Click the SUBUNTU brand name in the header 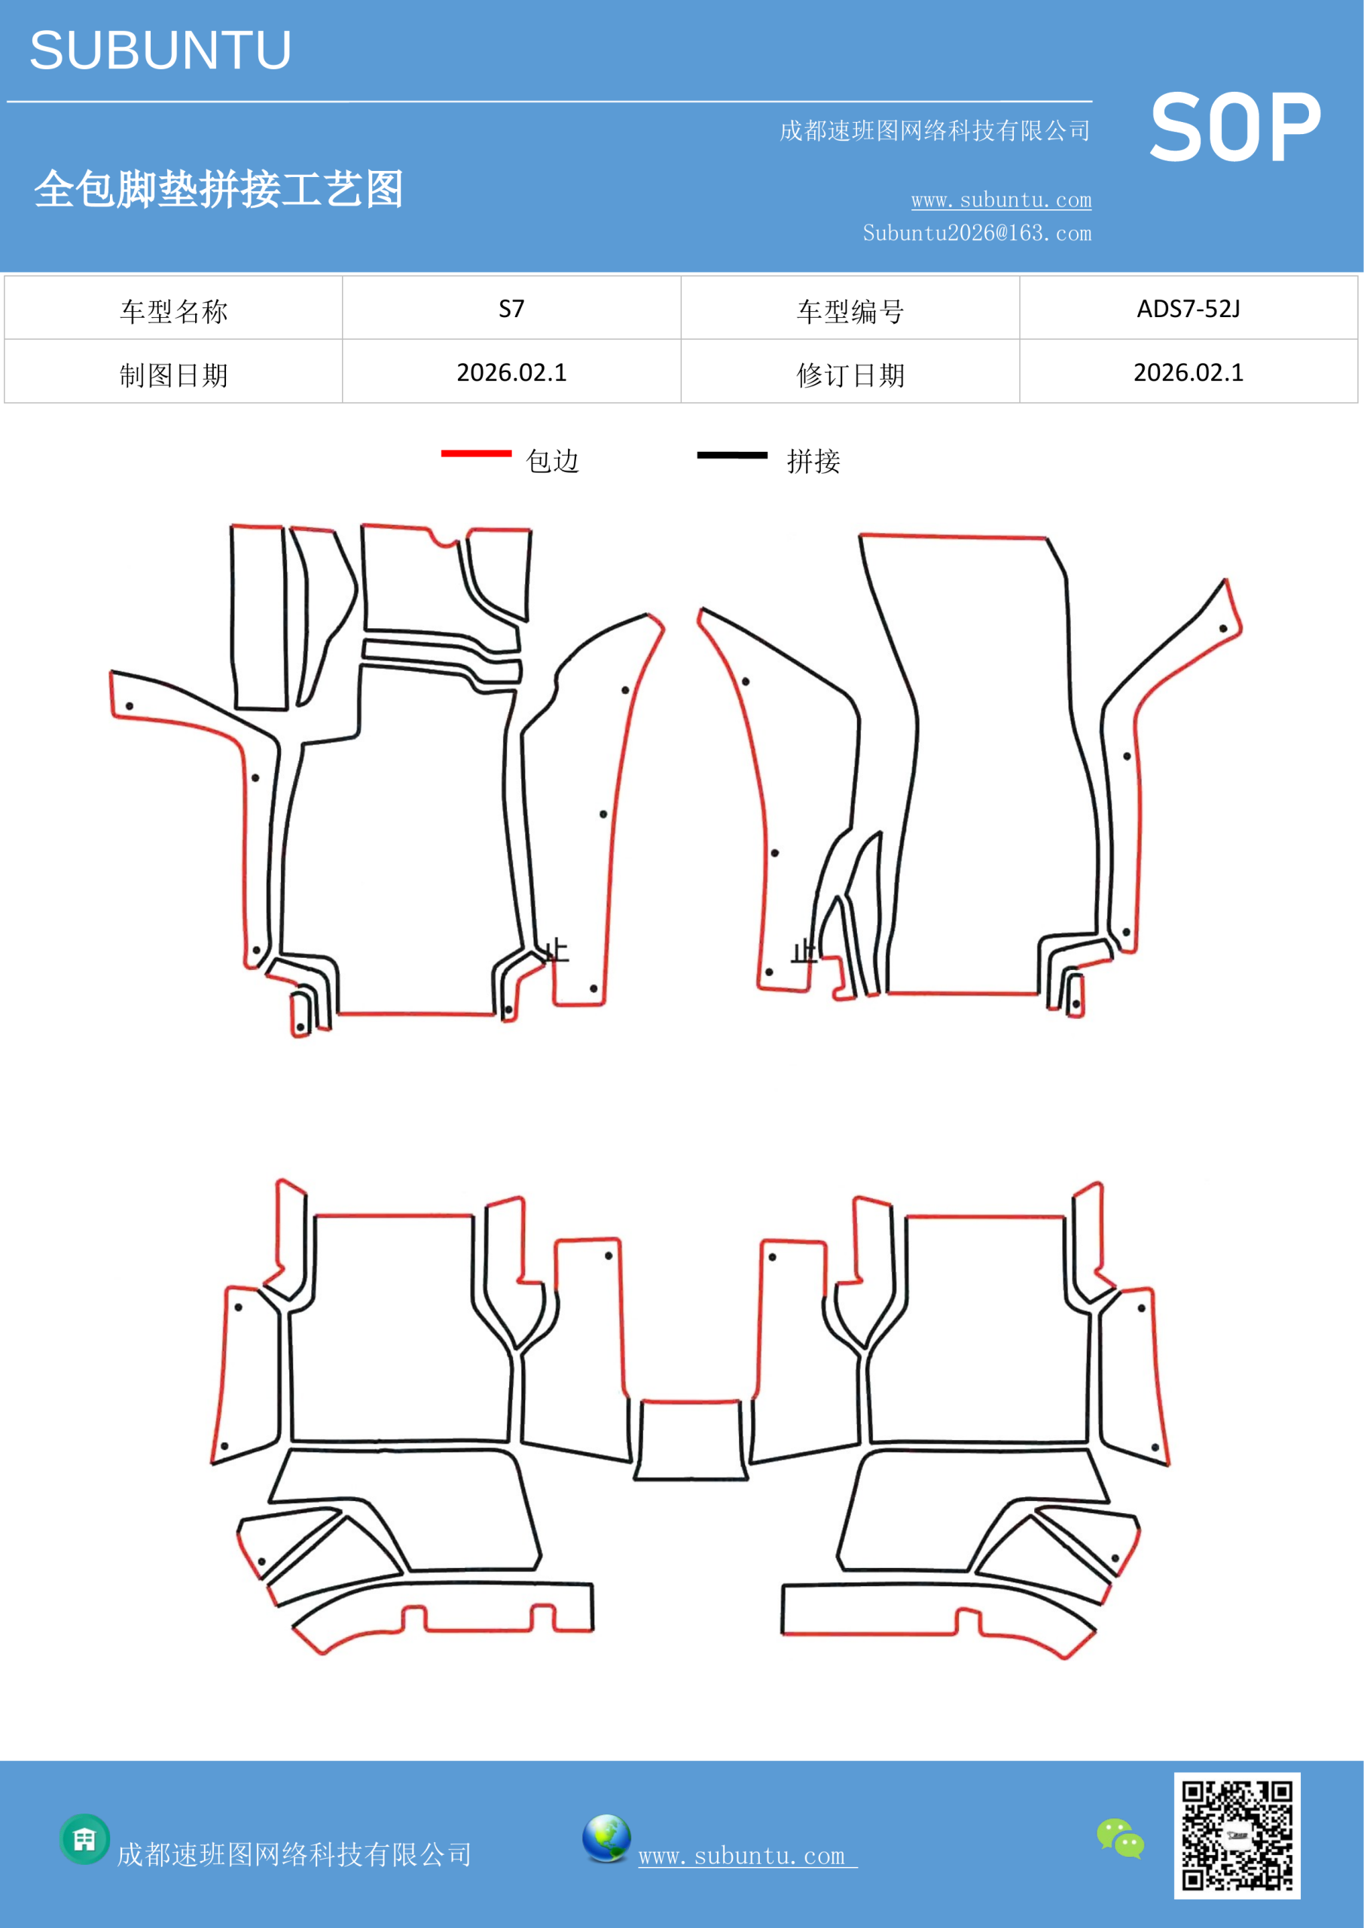(x=160, y=50)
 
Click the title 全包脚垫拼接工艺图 (x=218, y=189)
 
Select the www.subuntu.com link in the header (x=1001, y=200)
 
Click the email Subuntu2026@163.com (x=977, y=233)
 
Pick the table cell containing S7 (x=511, y=308)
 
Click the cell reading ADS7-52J (x=1189, y=308)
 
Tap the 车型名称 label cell (x=173, y=308)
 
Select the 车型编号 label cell (x=850, y=308)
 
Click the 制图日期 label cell (x=173, y=372)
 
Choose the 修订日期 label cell (x=850, y=372)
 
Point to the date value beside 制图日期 (x=511, y=372)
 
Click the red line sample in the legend (x=476, y=453)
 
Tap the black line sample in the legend (x=732, y=455)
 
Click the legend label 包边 (x=553, y=461)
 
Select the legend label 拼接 (x=813, y=461)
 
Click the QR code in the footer (x=1237, y=1835)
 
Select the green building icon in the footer (x=85, y=1839)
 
